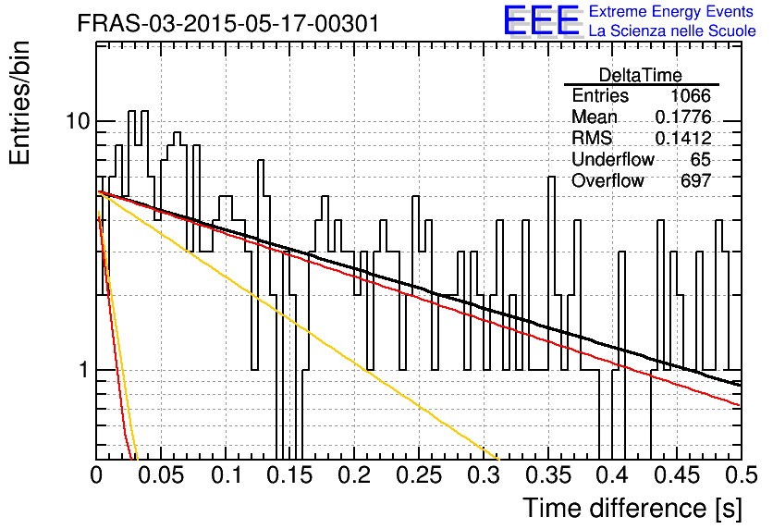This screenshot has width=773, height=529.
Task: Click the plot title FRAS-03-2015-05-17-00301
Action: click(x=228, y=23)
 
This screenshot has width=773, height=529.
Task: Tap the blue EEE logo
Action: click(x=542, y=21)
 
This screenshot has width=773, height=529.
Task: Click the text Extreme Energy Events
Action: click(x=671, y=11)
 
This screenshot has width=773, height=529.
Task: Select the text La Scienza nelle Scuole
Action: click(x=672, y=31)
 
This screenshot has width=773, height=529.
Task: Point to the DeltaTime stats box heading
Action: click(x=641, y=75)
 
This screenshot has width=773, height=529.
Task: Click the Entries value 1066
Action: click(x=690, y=95)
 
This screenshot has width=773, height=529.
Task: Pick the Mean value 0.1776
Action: click(x=683, y=117)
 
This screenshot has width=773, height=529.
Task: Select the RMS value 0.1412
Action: click(x=683, y=139)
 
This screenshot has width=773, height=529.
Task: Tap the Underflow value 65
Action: click(x=701, y=159)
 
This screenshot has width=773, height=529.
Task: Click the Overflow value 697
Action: click(x=696, y=181)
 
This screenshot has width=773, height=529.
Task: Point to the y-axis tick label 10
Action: click(x=79, y=121)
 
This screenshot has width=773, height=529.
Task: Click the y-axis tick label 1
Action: click(x=84, y=370)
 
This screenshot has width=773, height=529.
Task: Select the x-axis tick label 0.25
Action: click(x=419, y=475)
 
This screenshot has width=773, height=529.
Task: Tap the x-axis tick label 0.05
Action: click(x=161, y=475)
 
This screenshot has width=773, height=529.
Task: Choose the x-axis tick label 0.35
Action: click(x=548, y=475)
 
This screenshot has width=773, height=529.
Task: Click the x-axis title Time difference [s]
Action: click(x=632, y=509)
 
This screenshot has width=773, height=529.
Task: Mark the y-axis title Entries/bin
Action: click(x=19, y=104)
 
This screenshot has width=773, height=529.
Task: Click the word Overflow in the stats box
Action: click(x=607, y=181)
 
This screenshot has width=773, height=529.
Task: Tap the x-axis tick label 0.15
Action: click(x=290, y=475)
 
